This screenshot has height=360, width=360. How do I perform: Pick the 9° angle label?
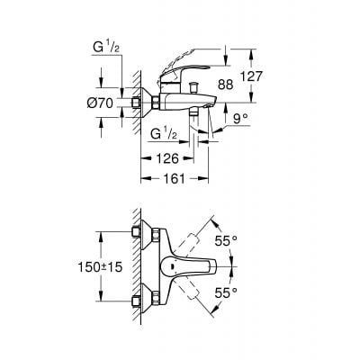(x=238, y=117)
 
